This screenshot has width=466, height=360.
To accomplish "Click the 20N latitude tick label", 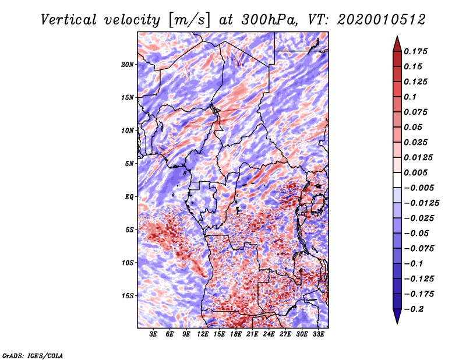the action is (127, 64).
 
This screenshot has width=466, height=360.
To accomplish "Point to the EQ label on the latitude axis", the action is (129, 196).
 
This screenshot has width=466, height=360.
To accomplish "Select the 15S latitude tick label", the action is (127, 295).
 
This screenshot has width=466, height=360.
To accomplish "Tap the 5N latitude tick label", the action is (129, 164).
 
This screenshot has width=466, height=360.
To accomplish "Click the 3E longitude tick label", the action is (153, 334).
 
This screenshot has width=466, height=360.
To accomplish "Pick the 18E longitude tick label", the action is (235, 334).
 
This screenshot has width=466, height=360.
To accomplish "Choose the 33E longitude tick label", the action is (318, 334).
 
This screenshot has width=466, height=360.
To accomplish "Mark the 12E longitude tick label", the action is (202, 334).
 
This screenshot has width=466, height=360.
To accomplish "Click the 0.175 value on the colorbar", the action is (415, 51).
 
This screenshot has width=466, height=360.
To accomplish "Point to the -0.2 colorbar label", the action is (414, 309).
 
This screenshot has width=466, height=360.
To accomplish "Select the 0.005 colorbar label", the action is (415, 172).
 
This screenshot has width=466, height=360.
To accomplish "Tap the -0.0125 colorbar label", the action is (421, 203).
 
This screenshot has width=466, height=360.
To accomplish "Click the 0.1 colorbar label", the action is (410, 97).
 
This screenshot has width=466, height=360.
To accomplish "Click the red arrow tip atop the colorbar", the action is (397, 37).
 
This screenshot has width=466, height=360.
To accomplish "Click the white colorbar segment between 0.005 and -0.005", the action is (397, 180).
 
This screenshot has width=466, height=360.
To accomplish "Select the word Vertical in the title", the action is (69, 20).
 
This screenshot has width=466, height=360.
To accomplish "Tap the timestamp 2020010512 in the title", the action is (382, 20).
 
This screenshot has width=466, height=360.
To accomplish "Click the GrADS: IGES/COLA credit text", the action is (33, 355).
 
